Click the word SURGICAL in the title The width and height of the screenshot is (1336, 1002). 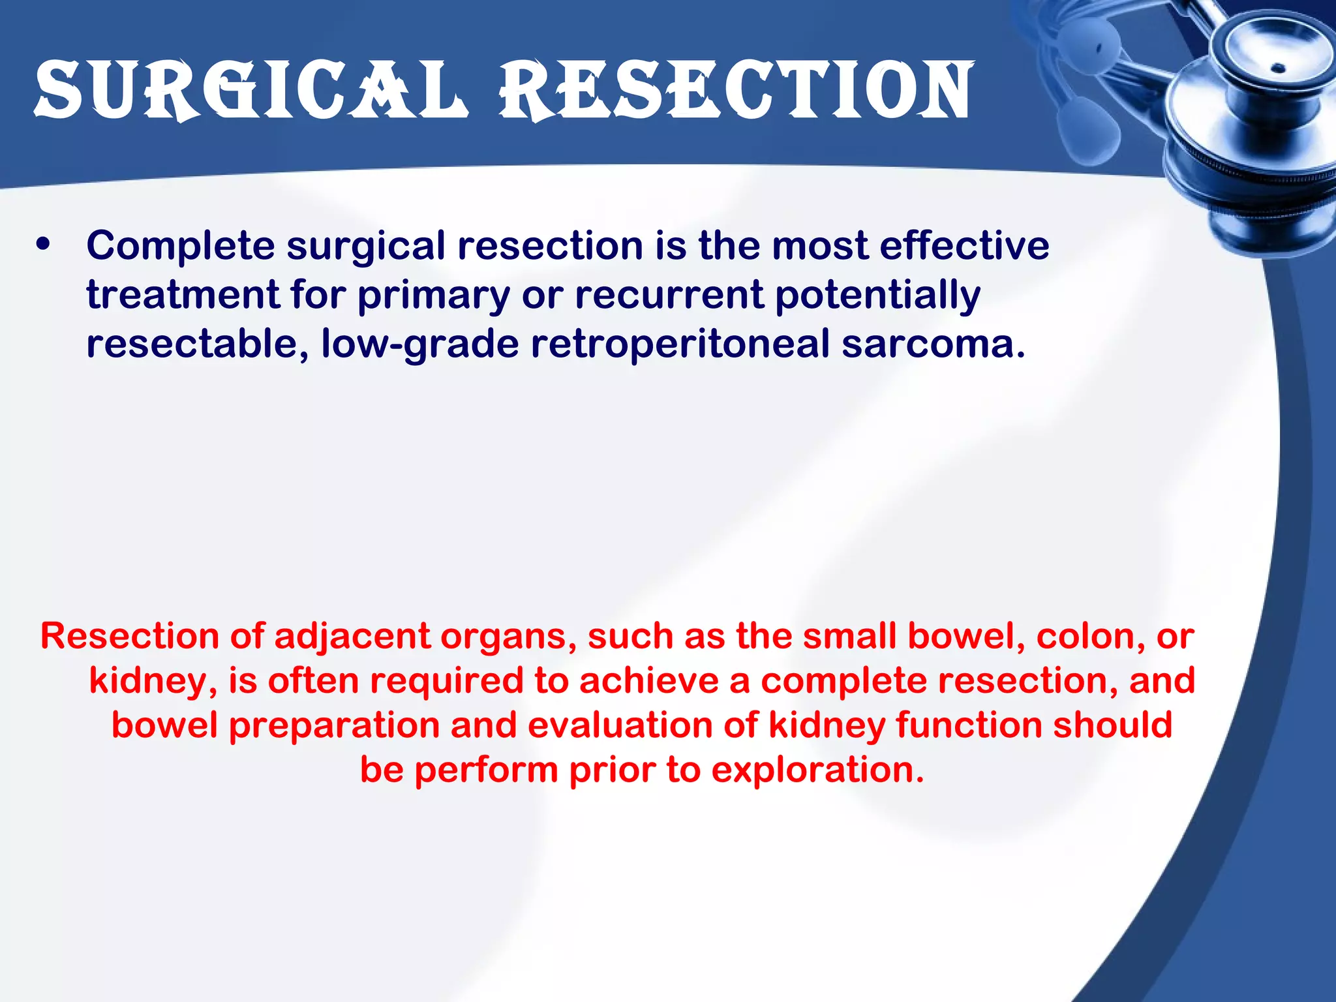click(251, 91)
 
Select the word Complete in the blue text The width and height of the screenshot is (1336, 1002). click(181, 247)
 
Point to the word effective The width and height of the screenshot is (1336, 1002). click(964, 247)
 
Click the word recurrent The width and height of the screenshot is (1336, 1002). click(669, 296)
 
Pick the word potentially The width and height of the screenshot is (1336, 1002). click(877, 296)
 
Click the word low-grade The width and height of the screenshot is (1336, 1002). click(419, 344)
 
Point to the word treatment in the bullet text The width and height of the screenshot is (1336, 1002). click(183, 296)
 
